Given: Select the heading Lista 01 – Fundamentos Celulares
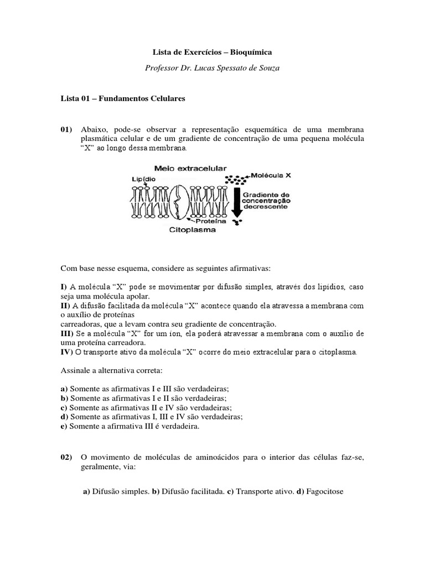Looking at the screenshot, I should pos(122,99).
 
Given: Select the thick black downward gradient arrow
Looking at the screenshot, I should pos(237,202).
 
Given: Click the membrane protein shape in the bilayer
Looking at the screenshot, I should pos(182,201).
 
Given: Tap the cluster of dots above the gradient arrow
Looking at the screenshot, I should pos(237,180).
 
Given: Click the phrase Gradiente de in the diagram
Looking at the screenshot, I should pos(270,195).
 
